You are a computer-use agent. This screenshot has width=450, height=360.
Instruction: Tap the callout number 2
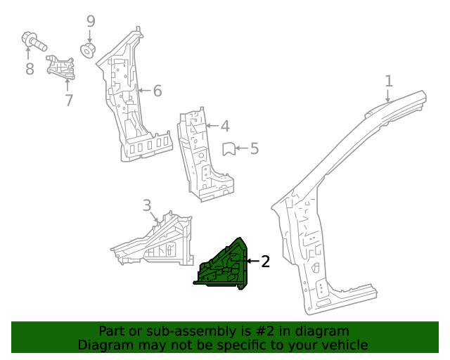click(265, 262)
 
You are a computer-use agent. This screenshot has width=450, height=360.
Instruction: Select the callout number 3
click(147, 205)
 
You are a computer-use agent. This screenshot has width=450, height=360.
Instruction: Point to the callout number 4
click(225, 127)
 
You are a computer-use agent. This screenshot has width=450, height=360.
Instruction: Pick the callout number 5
click(255, 148)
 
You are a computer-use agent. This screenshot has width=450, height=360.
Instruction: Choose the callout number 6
click(157, 91)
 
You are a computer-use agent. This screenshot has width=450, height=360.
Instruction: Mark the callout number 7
click(69, 101)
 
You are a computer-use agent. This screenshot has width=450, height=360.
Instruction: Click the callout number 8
click(30, 69)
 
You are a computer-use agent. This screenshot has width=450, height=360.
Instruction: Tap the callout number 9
click(91, 21)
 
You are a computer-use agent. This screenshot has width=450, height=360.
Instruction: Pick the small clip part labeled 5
click(228, 148)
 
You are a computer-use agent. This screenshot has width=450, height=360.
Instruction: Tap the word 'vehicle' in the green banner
click(345, 345)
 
